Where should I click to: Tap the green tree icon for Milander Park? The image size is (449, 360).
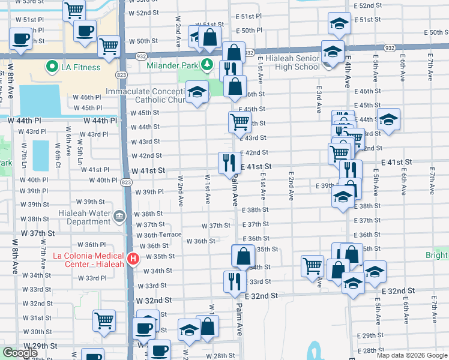pos(207,64)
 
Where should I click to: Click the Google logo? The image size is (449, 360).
pos(20,353)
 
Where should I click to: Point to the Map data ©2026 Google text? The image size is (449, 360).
pos(411,355)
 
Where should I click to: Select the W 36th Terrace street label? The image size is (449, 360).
pos(159,235)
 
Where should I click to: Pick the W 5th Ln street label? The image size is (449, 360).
pos(79,154)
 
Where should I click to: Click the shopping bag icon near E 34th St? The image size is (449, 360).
pos(243,256)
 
